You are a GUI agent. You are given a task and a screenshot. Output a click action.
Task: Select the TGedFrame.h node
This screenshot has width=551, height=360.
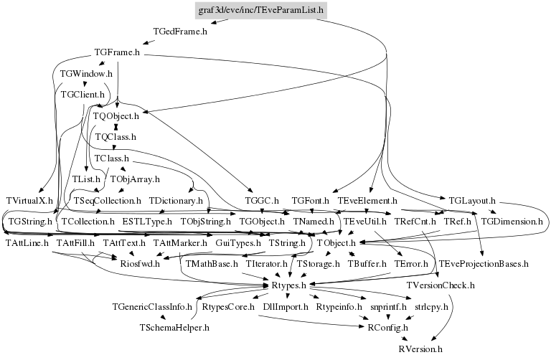(180, 32)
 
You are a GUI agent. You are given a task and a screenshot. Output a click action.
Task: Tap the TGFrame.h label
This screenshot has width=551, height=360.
(117, 52)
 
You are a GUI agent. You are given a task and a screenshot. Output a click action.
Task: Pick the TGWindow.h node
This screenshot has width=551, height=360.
(86, 73)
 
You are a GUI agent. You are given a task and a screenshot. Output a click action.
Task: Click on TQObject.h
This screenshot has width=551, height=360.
(116, 115)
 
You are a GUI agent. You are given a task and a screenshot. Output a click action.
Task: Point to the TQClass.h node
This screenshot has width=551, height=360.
(115, 136)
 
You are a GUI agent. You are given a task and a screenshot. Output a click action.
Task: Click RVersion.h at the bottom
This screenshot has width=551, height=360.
(420, 349)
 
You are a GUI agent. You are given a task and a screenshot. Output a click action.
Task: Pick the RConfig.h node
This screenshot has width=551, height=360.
(387, 328)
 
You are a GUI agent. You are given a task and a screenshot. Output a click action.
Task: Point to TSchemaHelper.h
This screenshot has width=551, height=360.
(174, 328)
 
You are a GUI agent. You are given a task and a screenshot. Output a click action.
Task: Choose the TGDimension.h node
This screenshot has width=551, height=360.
(512, 222)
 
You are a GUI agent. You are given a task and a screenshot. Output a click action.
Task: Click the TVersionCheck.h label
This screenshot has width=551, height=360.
(441, 285)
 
